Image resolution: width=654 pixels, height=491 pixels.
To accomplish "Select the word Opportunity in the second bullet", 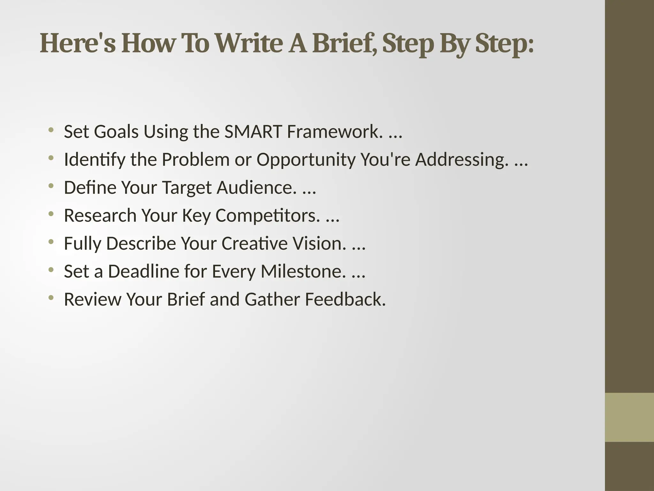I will click(x=306, y=160).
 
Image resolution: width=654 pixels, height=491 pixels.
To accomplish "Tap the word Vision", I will click(x=319, y=243).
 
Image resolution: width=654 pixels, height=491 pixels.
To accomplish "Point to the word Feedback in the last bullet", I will click(x=345, y=300).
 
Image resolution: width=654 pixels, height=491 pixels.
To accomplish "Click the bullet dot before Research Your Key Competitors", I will click(x=50, y=214).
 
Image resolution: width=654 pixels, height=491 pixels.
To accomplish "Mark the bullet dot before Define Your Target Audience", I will click(x=50, y=186).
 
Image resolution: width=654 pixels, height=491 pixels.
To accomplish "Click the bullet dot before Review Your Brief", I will click(x=50, y=298).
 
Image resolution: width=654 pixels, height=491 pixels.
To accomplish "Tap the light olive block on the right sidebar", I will click(x=629, y=417).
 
